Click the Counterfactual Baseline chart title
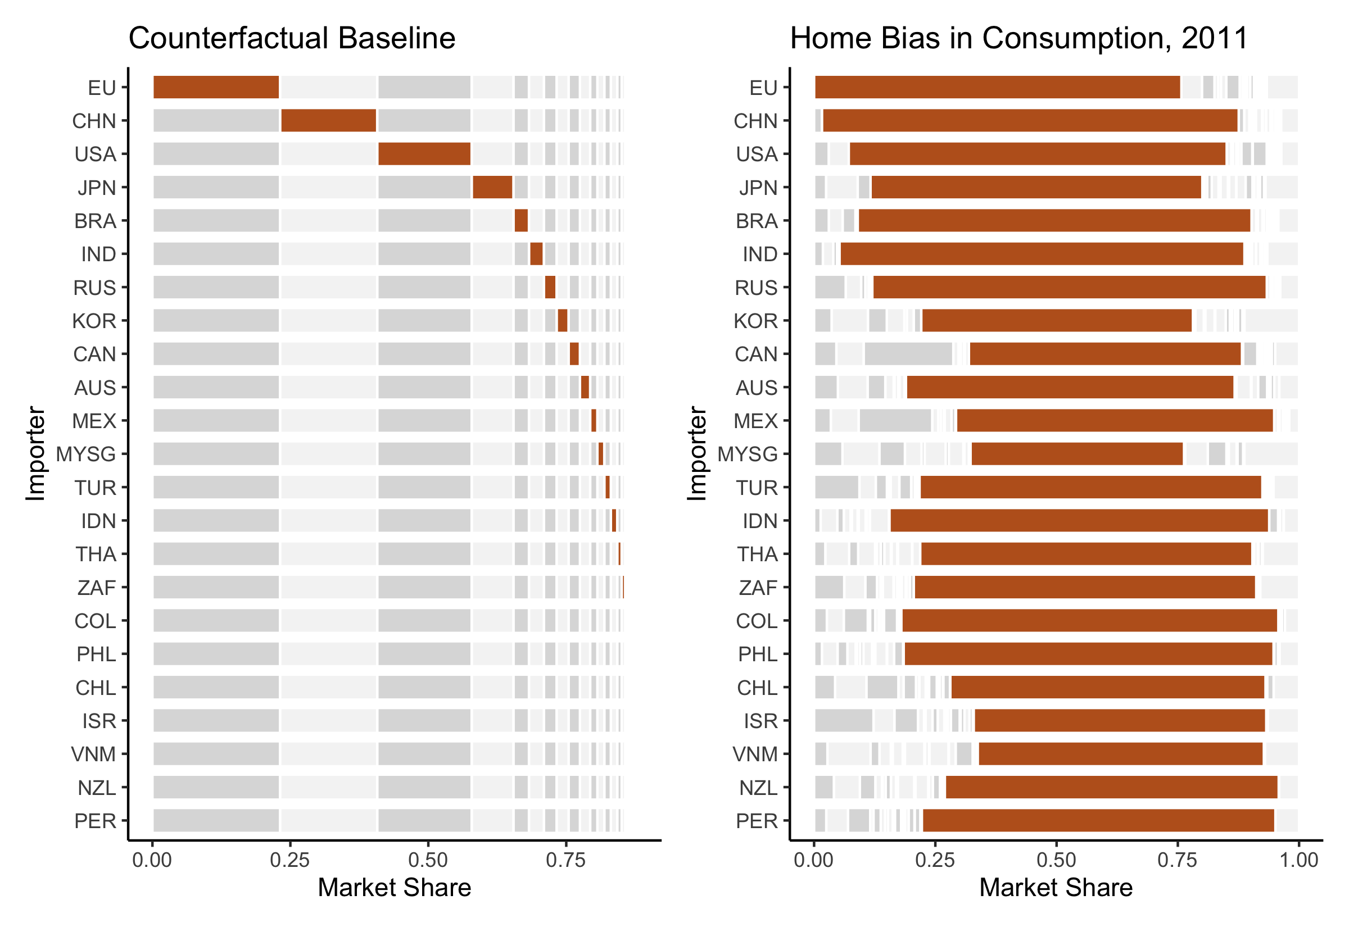(x=292, y=38)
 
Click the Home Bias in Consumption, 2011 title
(x=1018, y=38)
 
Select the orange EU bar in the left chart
(x=216, y=87)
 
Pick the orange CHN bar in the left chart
(x=328, y=120)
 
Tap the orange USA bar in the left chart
(x=424, y=154)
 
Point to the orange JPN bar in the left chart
(x=492, y=187)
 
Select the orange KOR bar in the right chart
(x=1056, y=321)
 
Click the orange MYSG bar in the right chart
(x=1076, y=453)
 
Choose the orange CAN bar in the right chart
(x=1104, y=354)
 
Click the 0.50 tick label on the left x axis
(x=428, y=860)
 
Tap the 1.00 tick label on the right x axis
(x=1299, y=860)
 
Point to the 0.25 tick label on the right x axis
(x=935, y=860)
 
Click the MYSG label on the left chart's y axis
(x=86, y=453)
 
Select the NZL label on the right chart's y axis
(x=758, y=788)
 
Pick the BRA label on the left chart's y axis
(x=96, y=221)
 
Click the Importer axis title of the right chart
(x=697, y=453)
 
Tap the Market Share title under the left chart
(x=395, y=888)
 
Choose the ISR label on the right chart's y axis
(x=760, y=721)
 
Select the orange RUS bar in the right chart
(x=1069, y=288)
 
